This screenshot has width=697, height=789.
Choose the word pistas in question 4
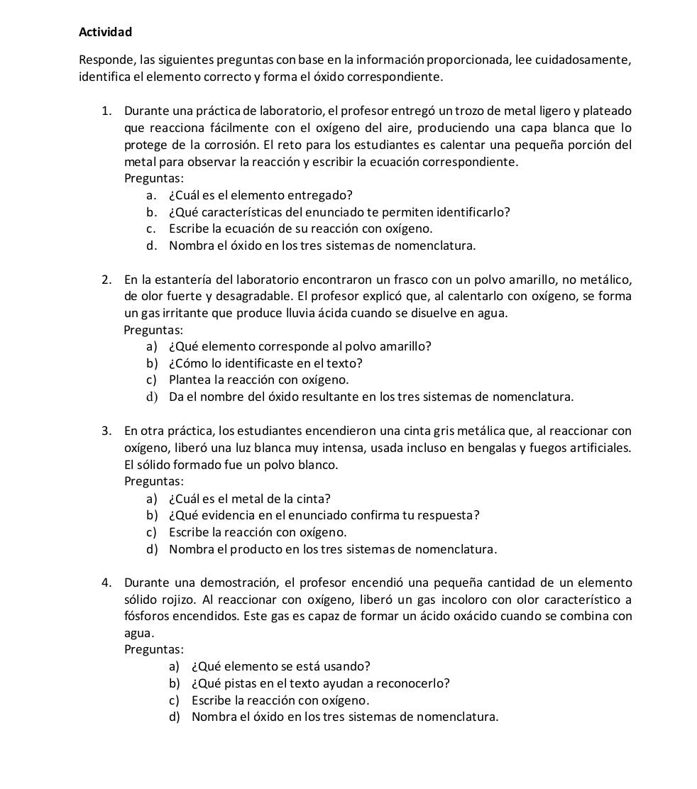click(x=231, y=683)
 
